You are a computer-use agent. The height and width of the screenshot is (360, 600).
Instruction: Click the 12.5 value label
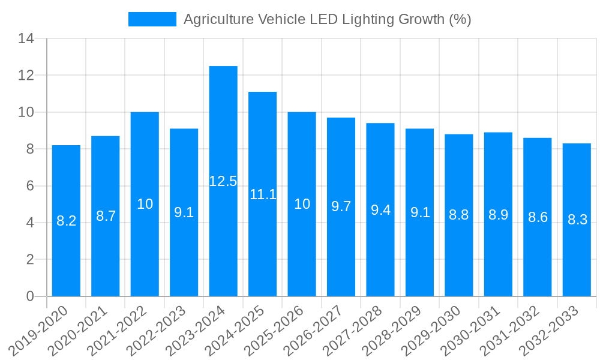tap(223, 181)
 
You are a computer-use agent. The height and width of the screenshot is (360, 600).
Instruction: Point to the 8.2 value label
tap(66, 221)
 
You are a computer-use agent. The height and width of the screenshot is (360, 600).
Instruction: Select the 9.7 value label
tap(341, 206)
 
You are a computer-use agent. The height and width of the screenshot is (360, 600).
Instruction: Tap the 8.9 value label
tap(498, 215)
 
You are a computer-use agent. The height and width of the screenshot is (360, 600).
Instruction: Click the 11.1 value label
tap(262, 194)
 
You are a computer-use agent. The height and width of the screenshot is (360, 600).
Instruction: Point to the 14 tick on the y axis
tap(26, 39)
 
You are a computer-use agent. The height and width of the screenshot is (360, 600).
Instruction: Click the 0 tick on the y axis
tap(30, 296)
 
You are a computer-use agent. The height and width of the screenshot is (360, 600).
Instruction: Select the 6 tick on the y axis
tap(30, 186)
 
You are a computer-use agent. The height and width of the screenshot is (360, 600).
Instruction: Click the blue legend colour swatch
tap(152, 19)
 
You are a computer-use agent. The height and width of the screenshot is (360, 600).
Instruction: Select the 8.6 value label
tap(538, 217)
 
